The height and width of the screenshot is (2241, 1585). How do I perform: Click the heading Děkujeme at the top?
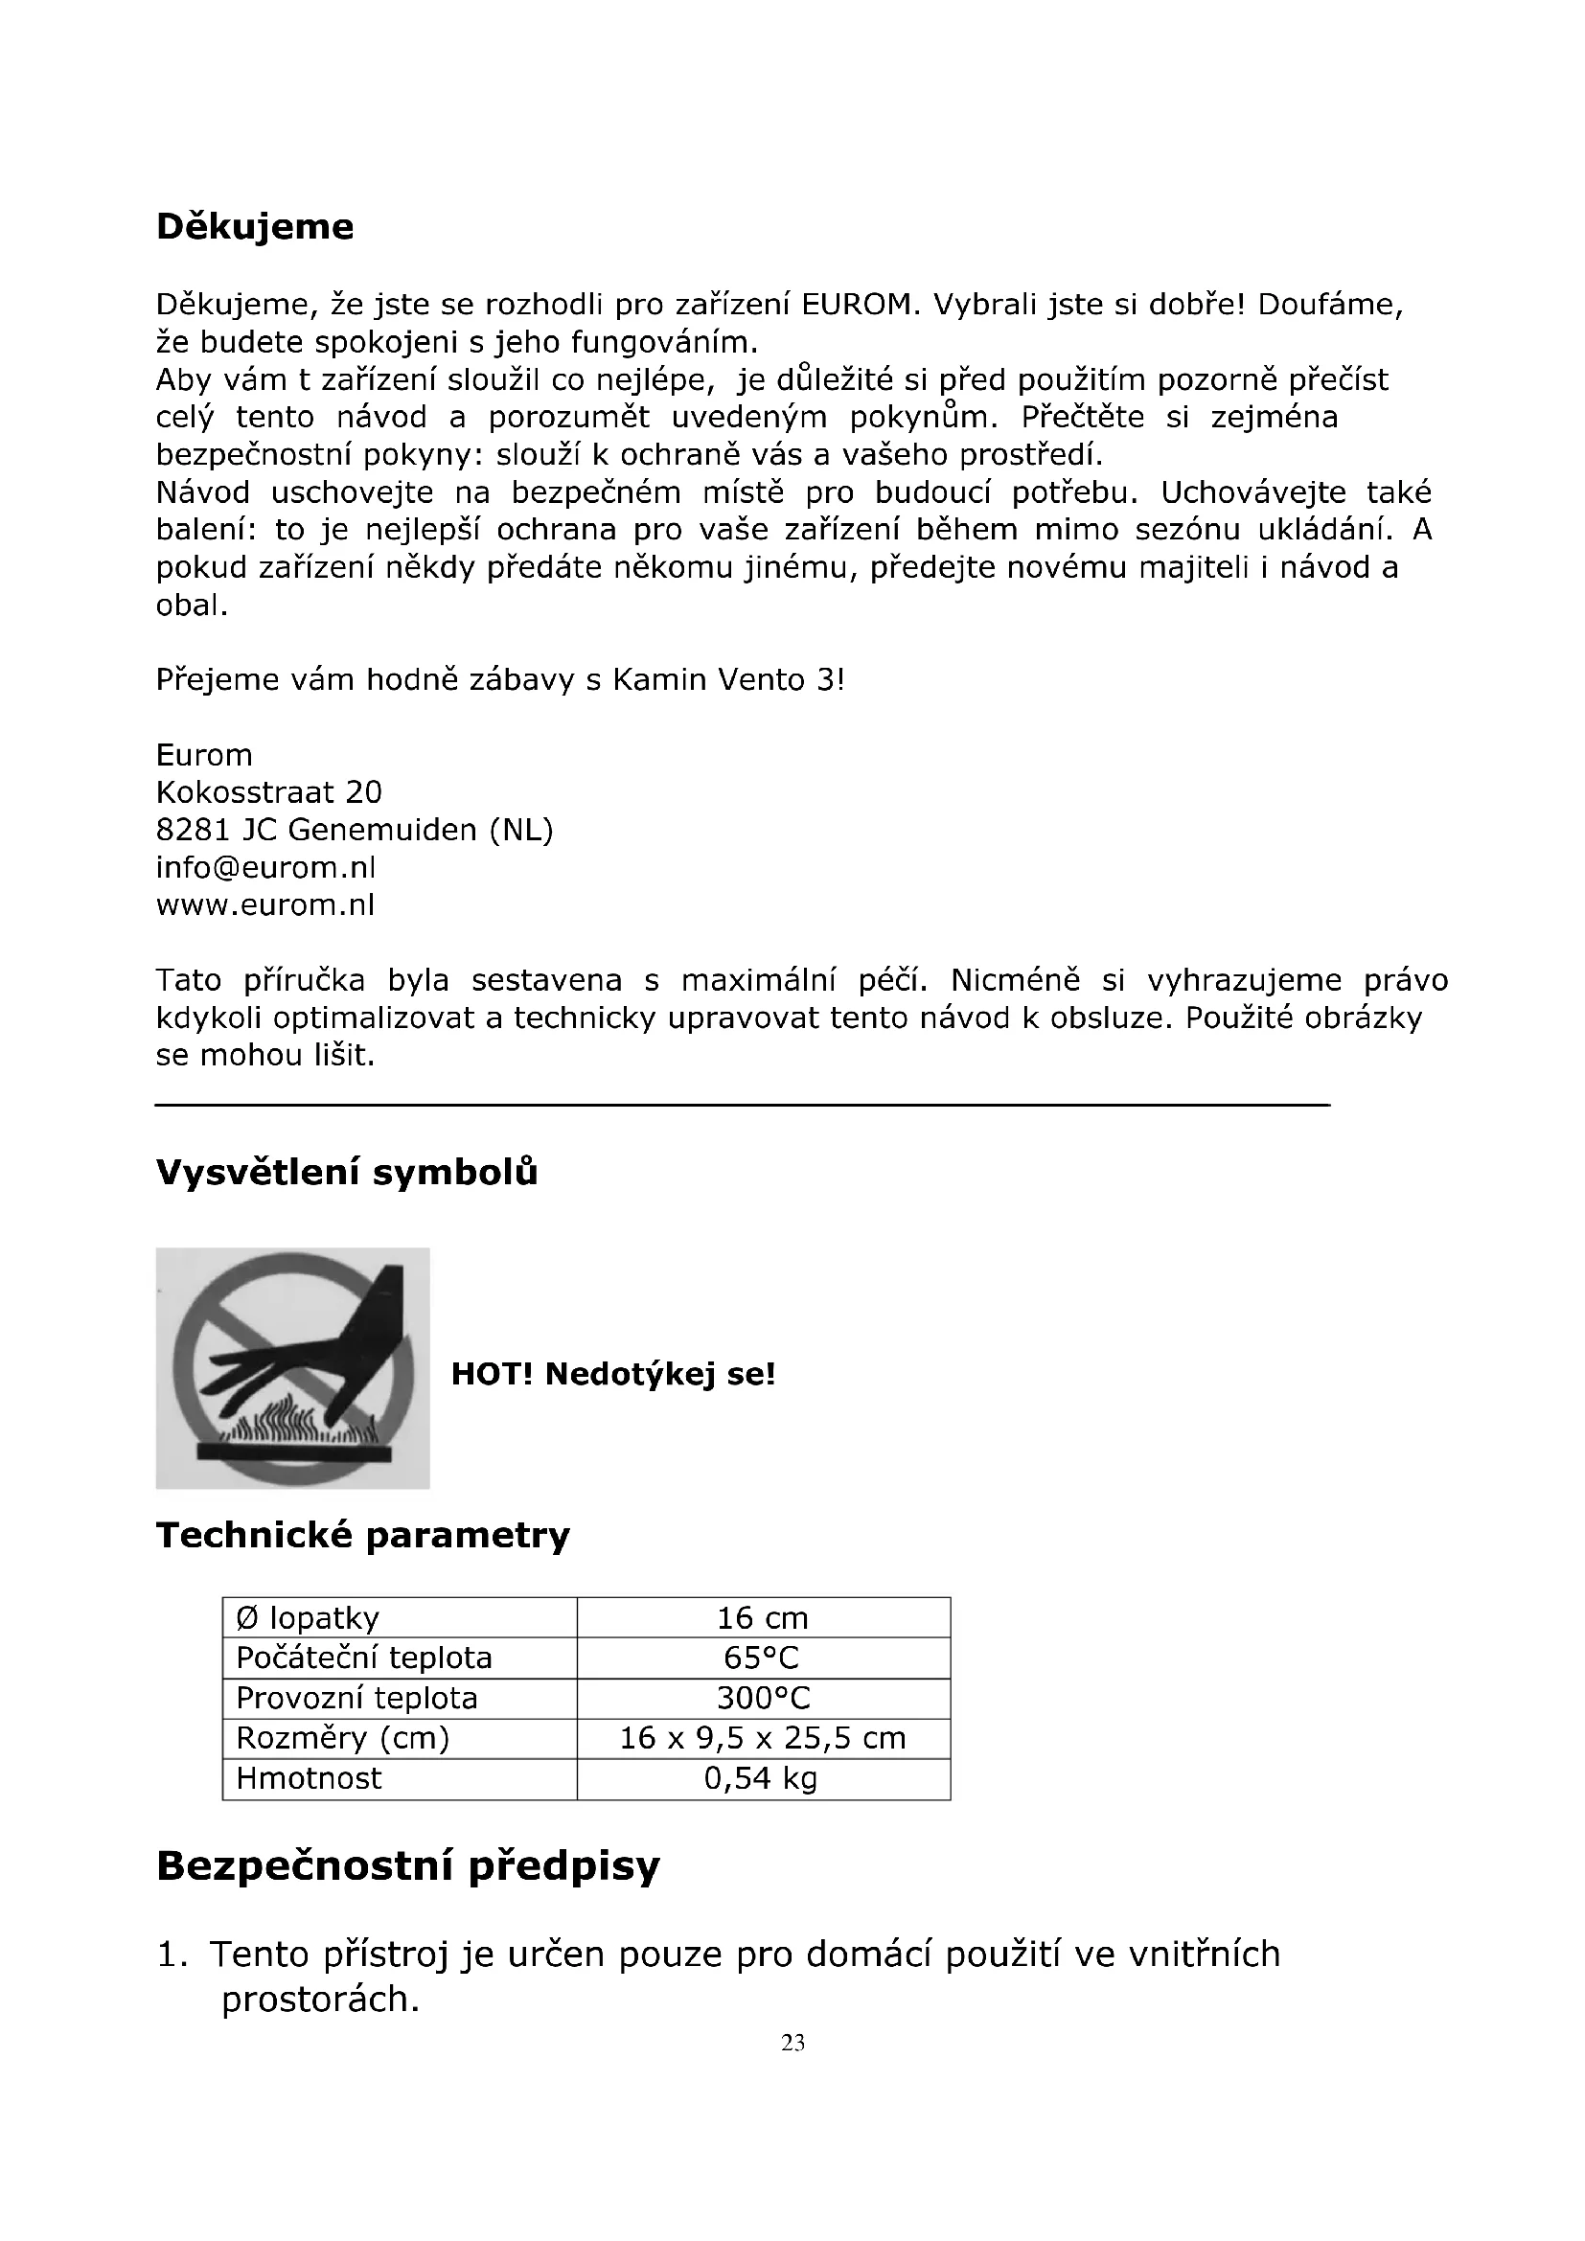pyautogui.click(x=255, y=227)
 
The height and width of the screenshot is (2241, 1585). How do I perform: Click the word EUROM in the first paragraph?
pyautogui.click(x=860, y=306)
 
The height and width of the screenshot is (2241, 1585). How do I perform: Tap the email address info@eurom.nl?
pyautogui.click(x=265, y=868)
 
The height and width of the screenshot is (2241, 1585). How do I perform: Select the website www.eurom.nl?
pyautogui.click(x=265, y=905)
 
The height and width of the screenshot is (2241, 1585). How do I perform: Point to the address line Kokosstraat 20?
pyautogui.click(x=268, y=791)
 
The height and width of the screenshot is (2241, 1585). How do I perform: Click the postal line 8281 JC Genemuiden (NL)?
pyautogui.click(x=355, y=830)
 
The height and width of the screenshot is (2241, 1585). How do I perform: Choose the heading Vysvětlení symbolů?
pyautogui.click(x=347, y=1172)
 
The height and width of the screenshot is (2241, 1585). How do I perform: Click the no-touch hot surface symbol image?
pyautogui.click(x=293, y=1368)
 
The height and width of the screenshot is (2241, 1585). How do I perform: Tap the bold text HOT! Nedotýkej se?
pyautogui.click(x=613, y=1374)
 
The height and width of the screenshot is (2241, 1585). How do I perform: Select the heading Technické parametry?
pyautogui.click(x=363, y=1535)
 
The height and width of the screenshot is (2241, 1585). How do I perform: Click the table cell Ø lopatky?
pyautogui.click(x=308, y=1617)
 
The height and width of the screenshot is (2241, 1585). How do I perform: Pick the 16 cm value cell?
pyautogui.click(x=762, y=1617)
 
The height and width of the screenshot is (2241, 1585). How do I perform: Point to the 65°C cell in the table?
pyautogui.click(x=762, y=1658)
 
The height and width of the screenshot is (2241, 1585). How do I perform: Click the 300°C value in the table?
pyautogui.click(x=762, y=1698)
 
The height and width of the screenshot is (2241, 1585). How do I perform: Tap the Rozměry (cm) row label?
pyautogui.click(x=342, y=1737)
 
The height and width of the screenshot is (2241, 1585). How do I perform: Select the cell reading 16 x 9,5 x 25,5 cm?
pyautogui.click(x=762, y=1737)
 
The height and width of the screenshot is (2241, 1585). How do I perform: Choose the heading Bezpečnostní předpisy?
pyautogui.click(x=408, y=1865)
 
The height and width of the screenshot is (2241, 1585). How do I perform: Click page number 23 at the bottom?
pyautogui.click(x=792, y=2043)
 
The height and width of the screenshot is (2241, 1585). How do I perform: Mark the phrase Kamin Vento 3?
pyautogui.click(x=728, y=679)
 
